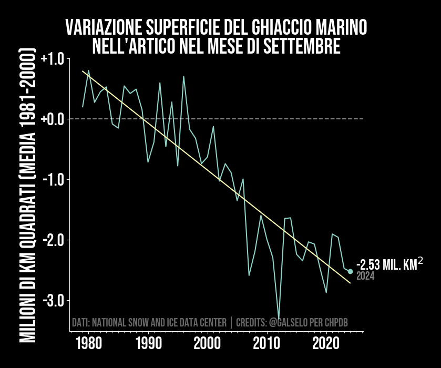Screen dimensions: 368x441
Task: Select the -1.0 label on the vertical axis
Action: tap(52, 180)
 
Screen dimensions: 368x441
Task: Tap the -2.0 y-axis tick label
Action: tap(52, 240)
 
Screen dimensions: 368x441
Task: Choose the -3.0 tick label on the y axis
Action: tap(52, 301)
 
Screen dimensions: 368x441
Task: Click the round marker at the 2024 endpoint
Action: tap(350, 271)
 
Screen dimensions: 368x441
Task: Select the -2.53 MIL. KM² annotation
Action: tap(389, 264)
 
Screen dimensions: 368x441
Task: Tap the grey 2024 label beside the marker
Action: tap(365, 276)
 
